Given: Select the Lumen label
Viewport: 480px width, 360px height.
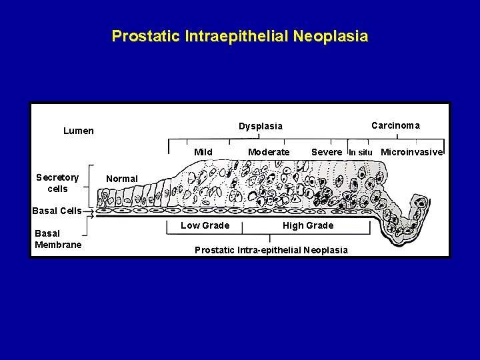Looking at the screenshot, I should coord(79,131).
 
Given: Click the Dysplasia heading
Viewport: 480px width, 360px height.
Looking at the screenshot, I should coord(261,126).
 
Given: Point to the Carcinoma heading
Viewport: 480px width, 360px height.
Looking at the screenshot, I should coord(395,125).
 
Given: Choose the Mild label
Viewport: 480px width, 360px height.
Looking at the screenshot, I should coord(203,152).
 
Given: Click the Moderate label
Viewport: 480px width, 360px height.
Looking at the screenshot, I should coord(269,152).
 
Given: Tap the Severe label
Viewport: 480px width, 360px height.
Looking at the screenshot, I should coord(327,152).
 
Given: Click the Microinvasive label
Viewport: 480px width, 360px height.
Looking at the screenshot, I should coord(411,152).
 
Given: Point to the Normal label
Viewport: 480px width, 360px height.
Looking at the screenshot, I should coord(122,179).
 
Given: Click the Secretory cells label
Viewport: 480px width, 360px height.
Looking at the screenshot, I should coord(57,183).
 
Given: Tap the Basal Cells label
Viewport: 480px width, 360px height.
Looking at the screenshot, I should coord(57,211).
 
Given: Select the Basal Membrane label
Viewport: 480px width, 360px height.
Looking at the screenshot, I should coord(57,239).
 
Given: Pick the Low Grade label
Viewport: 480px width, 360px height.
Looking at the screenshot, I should coord(205,225).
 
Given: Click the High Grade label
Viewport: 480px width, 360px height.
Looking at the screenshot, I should coord(308,225).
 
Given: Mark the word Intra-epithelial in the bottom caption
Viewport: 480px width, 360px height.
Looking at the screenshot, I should coord(268,250).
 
